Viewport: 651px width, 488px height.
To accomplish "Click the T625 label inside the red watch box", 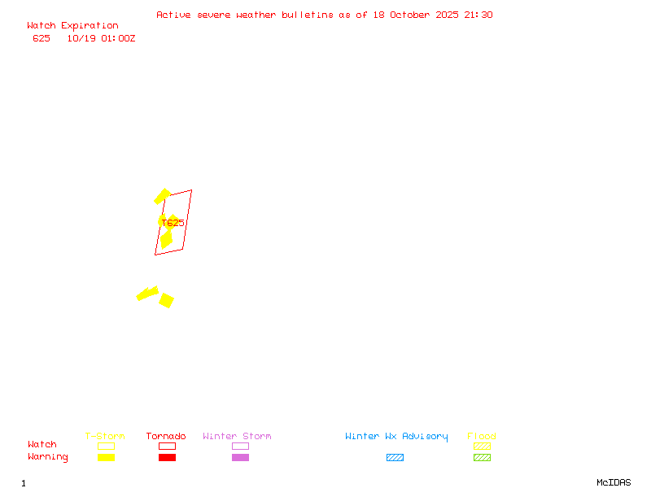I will (173, 222).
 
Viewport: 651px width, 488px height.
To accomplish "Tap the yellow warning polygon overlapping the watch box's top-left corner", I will (162, 196).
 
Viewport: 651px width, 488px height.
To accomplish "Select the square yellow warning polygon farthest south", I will (166, 300).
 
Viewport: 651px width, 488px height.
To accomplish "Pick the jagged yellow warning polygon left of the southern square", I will (147, 293).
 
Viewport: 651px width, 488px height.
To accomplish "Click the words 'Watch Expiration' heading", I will (72, 26).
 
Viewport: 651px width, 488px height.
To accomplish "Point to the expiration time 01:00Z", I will (116, 38).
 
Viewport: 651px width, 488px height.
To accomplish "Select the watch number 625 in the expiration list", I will (42, 38).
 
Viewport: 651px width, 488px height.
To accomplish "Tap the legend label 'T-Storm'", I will (105, 436).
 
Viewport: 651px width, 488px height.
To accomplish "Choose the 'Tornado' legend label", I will (166, 436).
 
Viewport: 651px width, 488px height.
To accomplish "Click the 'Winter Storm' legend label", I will (237, 436).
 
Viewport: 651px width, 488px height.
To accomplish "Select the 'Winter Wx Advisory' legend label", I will (396, 436).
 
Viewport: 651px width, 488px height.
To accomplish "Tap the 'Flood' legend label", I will (482, 436).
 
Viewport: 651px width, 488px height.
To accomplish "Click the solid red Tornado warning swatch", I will (167, 457).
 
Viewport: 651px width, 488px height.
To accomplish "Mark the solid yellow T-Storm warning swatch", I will (106, 457).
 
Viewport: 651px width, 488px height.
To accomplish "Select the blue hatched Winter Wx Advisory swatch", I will (395, 457).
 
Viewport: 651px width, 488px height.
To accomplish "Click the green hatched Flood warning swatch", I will (482, 457).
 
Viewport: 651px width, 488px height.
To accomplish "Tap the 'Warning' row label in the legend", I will (48, 457).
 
